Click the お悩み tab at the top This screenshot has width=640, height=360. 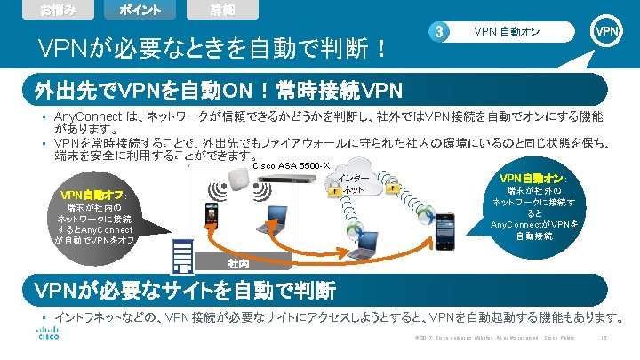[x=51, y=10]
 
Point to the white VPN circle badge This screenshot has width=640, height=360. [x=607, y=32]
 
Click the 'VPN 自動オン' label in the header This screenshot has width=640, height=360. [x=508, y=33]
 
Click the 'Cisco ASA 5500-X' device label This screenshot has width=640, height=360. [x=291, y=164]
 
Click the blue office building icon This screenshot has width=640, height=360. [x=183, y=256]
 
